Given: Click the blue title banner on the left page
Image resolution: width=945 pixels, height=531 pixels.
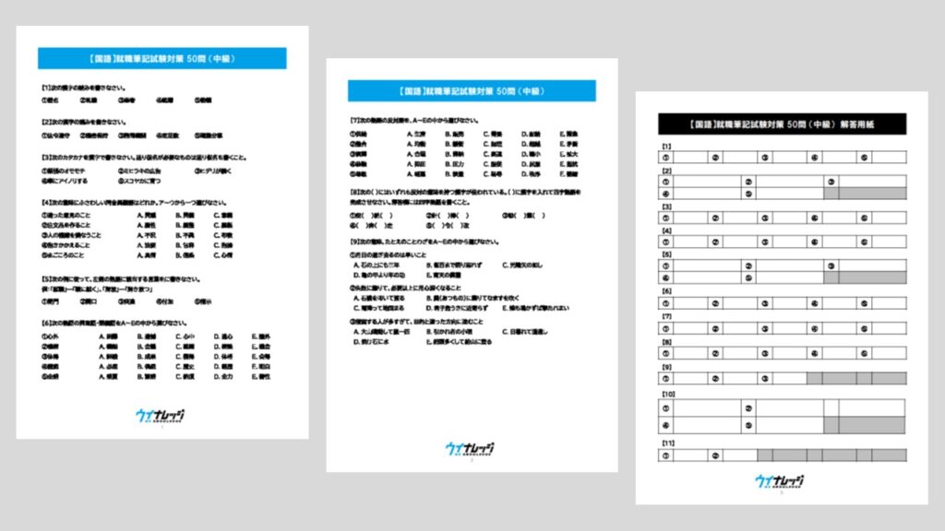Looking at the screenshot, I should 161,58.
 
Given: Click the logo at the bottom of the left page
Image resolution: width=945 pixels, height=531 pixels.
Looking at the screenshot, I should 159,416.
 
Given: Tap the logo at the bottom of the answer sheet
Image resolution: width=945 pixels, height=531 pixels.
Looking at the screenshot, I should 779,481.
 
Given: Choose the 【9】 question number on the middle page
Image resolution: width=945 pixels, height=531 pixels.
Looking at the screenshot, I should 353,242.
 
